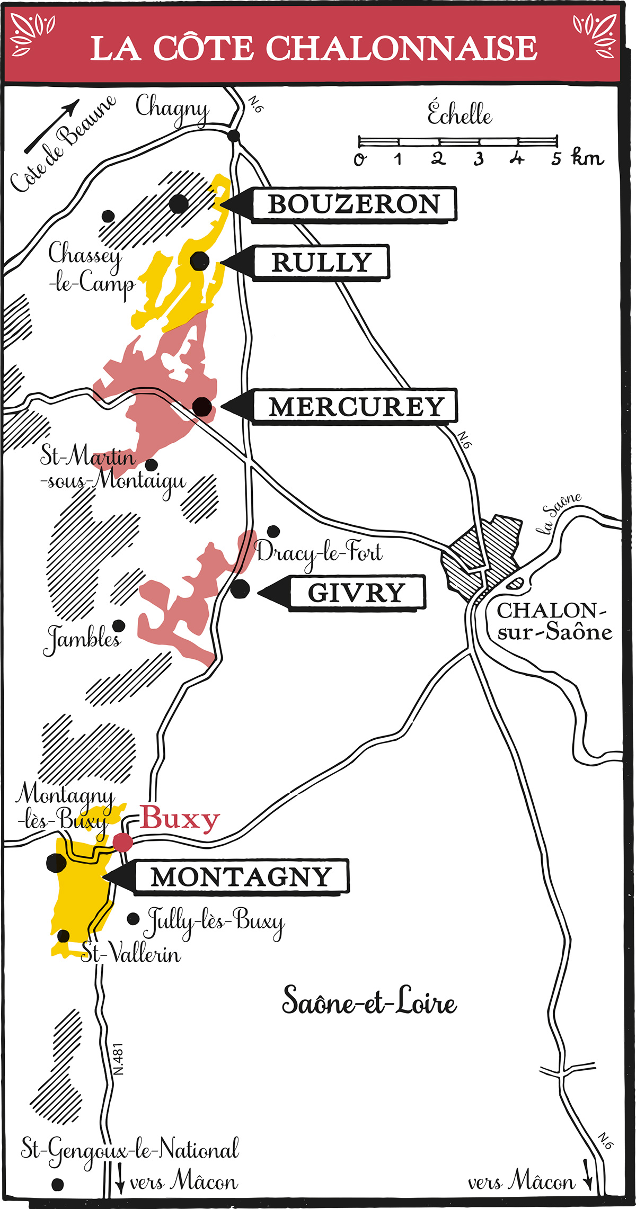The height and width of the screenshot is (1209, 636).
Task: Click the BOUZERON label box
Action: coord(354,204)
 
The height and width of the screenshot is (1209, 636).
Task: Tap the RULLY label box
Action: coord(321,263)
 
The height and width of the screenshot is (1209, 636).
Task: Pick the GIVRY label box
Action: coord(357,593)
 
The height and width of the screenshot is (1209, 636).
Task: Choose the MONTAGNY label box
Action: coord(241,877)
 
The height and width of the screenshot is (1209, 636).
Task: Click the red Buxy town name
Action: coord(179,819)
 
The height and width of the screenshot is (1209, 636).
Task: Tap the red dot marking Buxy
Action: coord(123,842)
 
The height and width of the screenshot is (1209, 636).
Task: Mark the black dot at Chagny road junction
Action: coord(233,136)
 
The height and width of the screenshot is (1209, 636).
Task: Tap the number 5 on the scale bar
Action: coord(555,158)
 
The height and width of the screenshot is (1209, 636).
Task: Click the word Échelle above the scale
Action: coord(460,114)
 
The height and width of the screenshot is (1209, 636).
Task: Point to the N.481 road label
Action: coord(118,1059)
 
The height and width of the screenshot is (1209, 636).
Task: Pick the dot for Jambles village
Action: coord(119,626)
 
